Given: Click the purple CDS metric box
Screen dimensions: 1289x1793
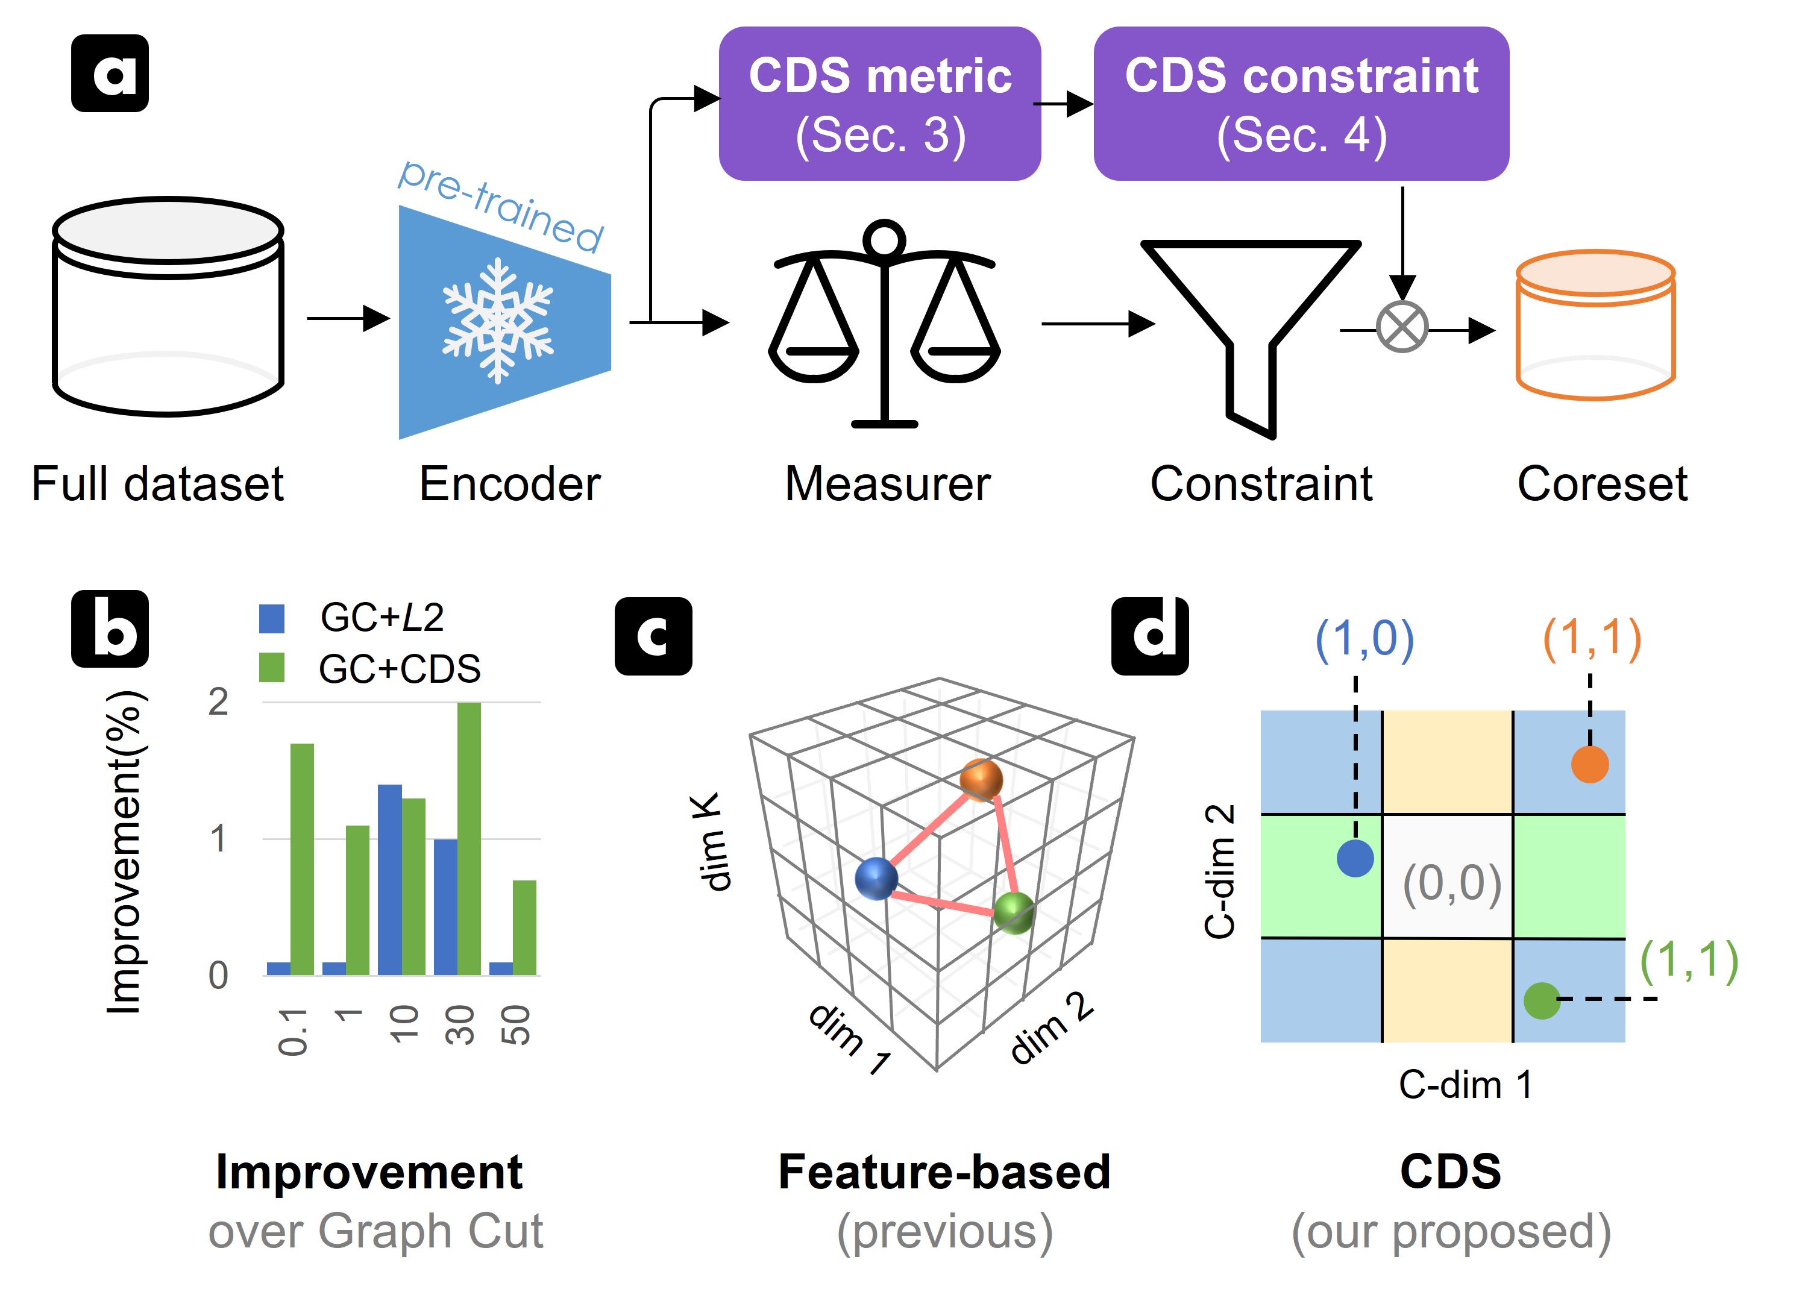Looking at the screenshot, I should pos(879,104).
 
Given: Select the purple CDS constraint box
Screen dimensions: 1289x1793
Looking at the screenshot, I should pos(1301,104).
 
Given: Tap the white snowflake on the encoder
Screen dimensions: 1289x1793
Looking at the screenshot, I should pos(497,320).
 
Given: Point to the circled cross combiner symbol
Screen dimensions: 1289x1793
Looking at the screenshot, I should pos(1402,327).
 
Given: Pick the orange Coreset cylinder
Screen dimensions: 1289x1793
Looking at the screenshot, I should pos(1595,324).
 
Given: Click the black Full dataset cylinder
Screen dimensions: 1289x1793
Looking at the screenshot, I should pos(168,307).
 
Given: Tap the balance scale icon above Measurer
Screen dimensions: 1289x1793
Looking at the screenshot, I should pos(885,324).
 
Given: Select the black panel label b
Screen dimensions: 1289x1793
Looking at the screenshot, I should pos(110,629).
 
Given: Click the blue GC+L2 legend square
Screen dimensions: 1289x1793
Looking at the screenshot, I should pos(272,619).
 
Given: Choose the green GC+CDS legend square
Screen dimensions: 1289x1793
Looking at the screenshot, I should pos(272,668).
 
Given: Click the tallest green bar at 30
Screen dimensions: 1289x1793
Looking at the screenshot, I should pos(469,838).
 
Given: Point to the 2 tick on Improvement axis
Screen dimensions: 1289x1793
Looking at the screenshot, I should pos(218,702).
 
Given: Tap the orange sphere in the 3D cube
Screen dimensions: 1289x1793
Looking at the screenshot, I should pos(981,779).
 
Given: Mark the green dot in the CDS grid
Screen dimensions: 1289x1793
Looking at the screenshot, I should pos(1541,1000).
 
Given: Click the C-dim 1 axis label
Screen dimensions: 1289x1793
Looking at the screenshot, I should pos(1465,1084).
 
